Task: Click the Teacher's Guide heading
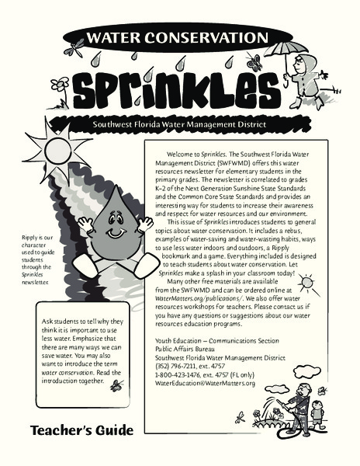(83, 429)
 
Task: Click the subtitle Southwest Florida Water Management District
(179, 123)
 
